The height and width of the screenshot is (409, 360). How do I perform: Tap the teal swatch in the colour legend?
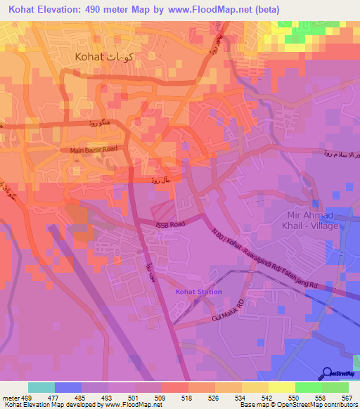pos(41,387)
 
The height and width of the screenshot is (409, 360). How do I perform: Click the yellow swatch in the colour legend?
pos(281,387)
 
